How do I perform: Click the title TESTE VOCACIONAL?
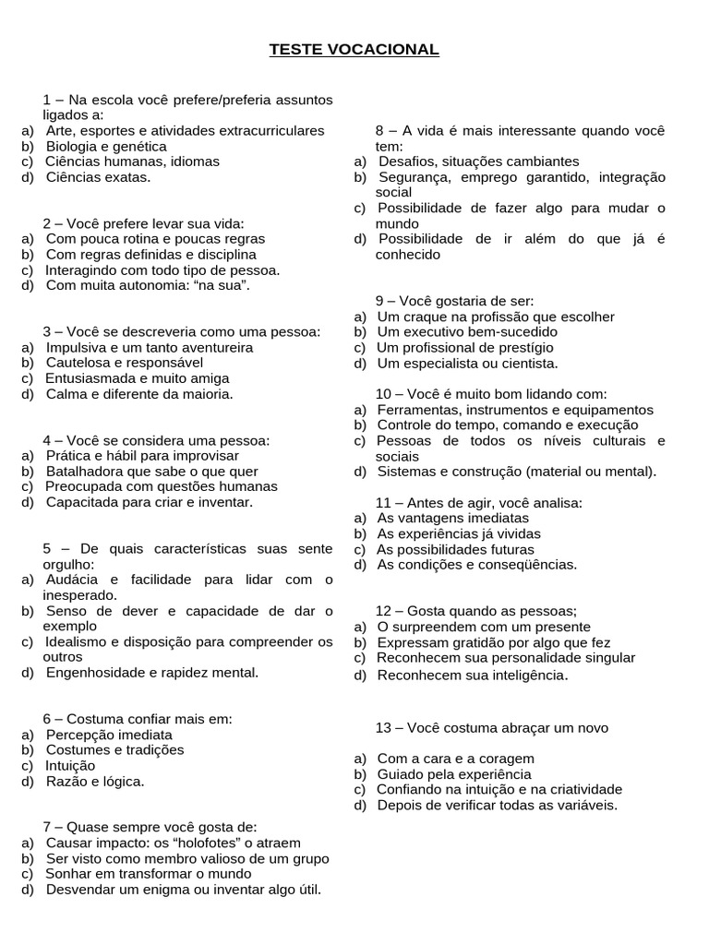tap(354, 49)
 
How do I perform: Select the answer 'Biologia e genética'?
tap(106, 146)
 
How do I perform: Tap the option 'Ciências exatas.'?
tap(98, 176)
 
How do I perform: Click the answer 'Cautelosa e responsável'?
tap(125, 363)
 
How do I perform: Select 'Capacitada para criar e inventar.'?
tap(149, 502)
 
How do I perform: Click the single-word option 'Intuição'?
tap(70, 765)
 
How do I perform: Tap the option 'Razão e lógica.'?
tap(95, 781)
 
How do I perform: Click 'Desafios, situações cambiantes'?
tap(478, 161)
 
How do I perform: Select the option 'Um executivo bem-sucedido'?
tap(468, 331)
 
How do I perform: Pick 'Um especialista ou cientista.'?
tap(469, 363)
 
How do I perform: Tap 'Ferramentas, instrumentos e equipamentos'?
tap(515, 409)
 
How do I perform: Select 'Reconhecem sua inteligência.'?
tap(472, 676)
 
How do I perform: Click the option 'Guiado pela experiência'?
tap(454, 773)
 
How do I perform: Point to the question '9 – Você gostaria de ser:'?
tap(454, 301)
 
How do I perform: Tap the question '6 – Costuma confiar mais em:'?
tap(138, 718)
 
